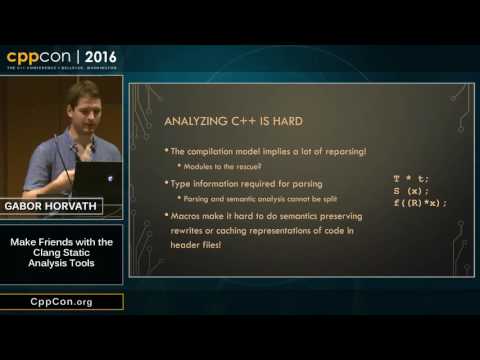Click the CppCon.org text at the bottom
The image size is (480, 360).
pos(61,302)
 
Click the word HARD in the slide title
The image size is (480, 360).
pos(289,123)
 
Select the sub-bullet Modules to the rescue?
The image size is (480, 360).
pos(225,166)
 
